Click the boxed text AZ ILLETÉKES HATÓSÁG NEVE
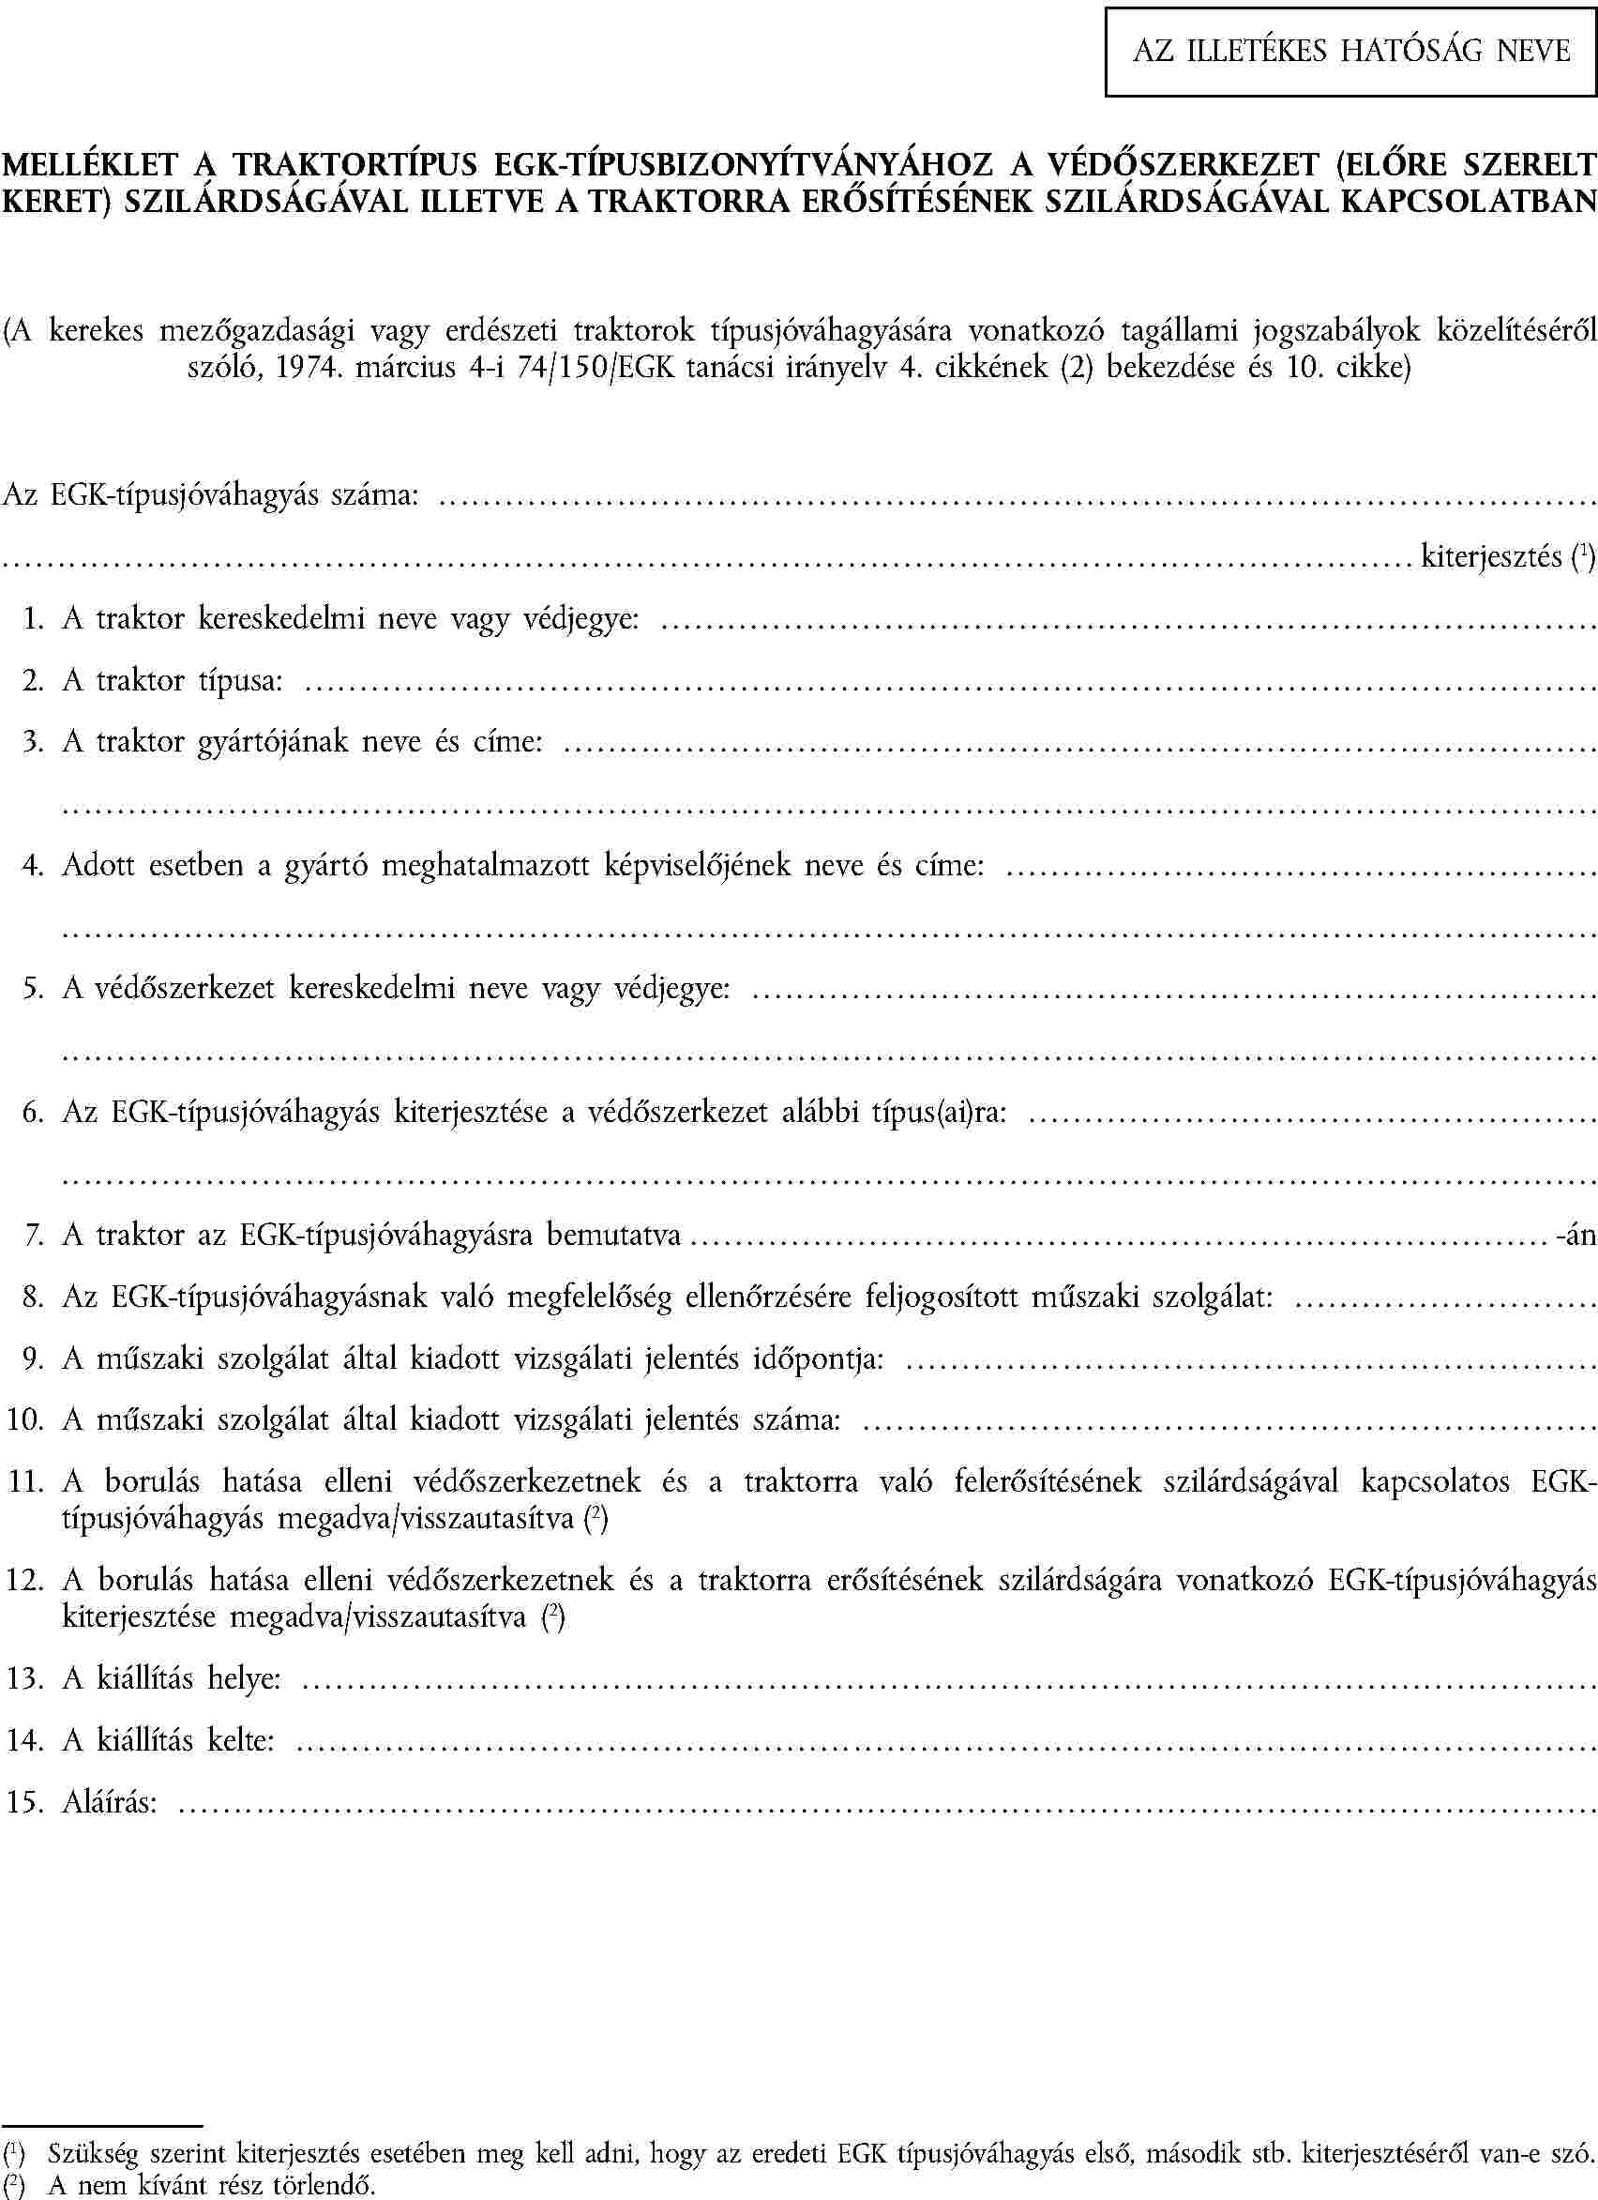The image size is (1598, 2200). coord(1351,50)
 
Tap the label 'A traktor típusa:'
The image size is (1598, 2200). coord(173,680)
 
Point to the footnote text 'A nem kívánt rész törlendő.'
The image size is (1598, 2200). coord(212,2184)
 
